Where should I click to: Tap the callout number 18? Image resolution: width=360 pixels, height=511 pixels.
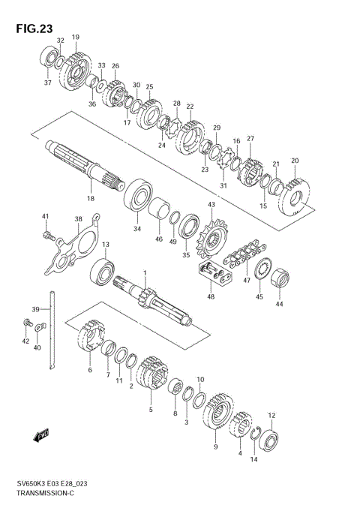point(90,198)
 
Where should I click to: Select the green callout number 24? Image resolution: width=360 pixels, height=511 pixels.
point(160,146)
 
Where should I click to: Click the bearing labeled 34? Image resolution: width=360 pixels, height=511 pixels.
point(139,194)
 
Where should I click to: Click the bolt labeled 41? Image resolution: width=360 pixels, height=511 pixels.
point(49,236)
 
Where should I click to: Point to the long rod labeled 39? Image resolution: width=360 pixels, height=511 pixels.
point(50,331)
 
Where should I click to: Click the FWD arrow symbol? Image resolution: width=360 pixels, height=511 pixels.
point(41,434)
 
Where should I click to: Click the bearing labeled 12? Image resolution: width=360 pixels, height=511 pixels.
point(268,441)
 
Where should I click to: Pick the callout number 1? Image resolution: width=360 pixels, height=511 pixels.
point(145,274)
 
